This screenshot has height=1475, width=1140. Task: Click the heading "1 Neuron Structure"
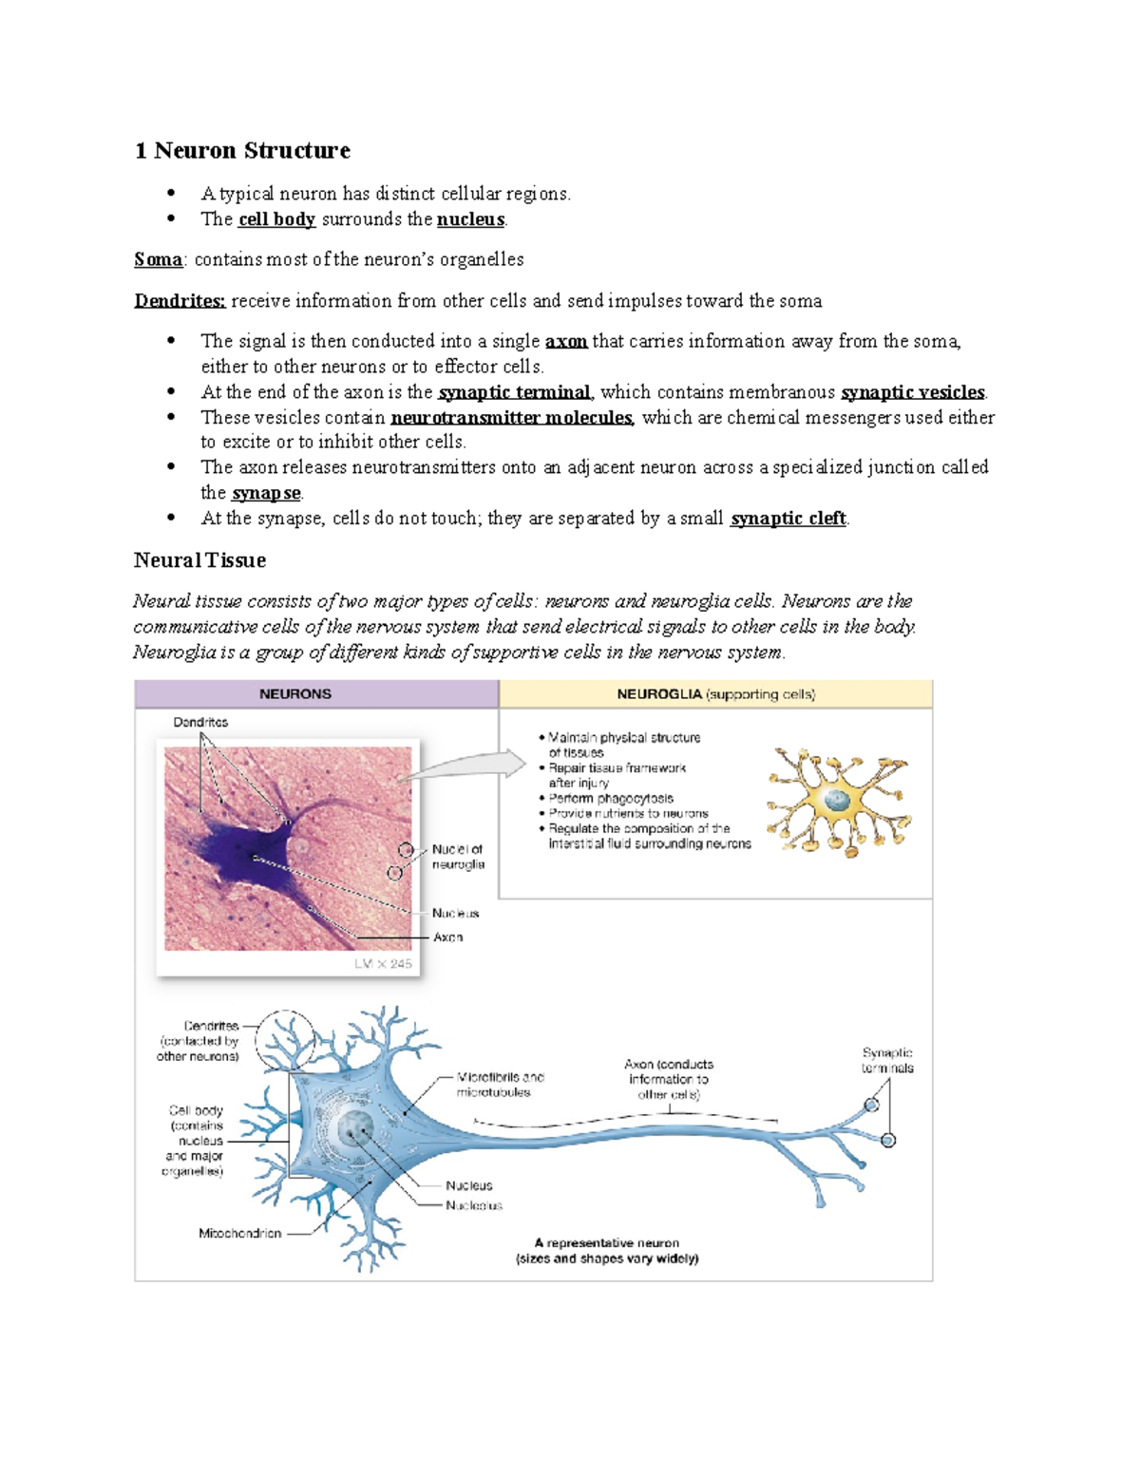[x=242, y=150]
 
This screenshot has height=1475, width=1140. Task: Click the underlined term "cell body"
[x=276, y=219]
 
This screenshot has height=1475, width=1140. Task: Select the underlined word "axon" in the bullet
[x=566, y=341]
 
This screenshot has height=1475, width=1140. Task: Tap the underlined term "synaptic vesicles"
[x=913, y=392]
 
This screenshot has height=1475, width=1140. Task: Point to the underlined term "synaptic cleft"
[x=788, y=519]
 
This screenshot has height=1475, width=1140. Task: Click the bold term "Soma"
[x=158, y=259]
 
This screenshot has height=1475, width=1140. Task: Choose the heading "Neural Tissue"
[x=199, y=560]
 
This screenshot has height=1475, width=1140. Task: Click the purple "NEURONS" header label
[x=295, y=694]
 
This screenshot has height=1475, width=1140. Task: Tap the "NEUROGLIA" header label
[x=659, y=694]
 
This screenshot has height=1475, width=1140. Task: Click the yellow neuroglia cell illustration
[x=837, y=801]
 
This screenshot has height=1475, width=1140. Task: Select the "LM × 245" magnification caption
[x=383, y=963]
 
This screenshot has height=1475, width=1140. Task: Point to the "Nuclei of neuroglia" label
[x=458, y=857]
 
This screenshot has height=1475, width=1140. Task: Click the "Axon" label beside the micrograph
[x=448, y=936]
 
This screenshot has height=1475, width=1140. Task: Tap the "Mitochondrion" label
[x=239, y=1233]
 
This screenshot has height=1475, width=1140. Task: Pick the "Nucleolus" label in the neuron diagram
[x=474, y=1205]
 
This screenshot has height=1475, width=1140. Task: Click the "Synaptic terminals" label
[x=887, y=1060]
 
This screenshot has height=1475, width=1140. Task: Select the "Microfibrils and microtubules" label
[x=500, y=1085]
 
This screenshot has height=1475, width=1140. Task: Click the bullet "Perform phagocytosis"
[x=611, y=799]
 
